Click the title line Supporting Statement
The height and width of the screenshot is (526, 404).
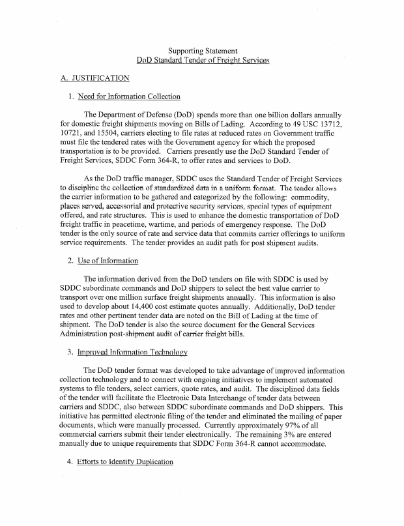[202, 50]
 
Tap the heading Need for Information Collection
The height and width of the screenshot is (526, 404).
[129, 97]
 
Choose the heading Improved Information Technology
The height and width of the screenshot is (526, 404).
[132, 352]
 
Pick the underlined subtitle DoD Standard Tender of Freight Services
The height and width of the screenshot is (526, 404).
[202, 60]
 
